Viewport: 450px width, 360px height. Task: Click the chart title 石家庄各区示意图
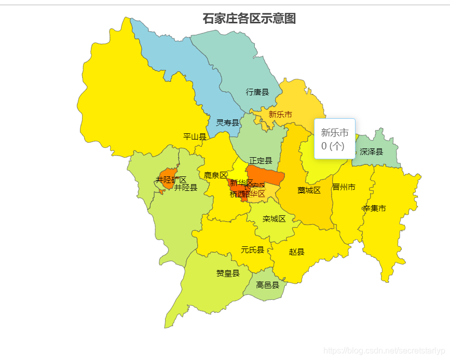click(x=249, y=19)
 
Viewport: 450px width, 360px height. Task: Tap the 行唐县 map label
click(x=257, y=92)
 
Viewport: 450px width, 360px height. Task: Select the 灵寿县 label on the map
click(x=228, y=123)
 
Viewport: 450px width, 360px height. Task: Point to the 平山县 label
click(x=195, y=137)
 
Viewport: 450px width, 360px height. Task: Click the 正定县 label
click(x=261, y=161)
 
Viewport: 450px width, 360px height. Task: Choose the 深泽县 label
click(x=371, y=152)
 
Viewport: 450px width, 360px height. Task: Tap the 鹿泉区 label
click(x=215, y=175)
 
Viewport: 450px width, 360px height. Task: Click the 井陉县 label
click(x=185, y=188)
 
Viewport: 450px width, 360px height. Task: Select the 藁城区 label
click(x=309, y=190)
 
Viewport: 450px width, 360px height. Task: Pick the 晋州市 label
click(x=344, y=187)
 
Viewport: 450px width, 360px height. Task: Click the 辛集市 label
click(x=374, y=209)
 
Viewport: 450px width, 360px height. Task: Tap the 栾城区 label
click(x=274, y=219)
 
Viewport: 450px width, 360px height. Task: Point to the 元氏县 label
click(x=252, y=250)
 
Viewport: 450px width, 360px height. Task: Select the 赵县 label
click(x=297, y=252)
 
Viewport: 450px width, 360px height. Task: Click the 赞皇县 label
click(x=228, y=273)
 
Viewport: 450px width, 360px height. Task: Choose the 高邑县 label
click(x=268, y=285)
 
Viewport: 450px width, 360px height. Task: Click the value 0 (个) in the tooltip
click(x=333, y=146)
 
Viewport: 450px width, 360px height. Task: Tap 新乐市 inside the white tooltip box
click(x=334, y=132)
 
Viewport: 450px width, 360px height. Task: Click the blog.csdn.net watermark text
click(x=384, y=351)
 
